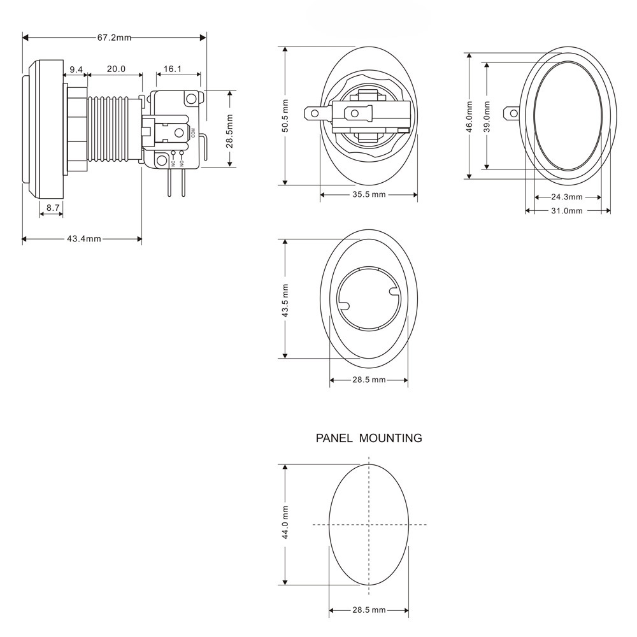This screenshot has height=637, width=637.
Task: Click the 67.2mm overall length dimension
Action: [114, 38]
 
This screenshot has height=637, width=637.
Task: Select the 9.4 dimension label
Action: [76, 69]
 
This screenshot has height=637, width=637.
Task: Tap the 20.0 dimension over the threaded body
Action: [116, 69]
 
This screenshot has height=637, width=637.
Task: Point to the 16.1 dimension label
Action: [172, 69]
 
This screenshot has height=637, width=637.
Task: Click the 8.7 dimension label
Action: [53, 208]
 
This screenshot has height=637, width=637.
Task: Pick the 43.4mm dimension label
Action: [84, 239]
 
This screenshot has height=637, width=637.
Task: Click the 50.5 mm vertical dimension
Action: [285, 116]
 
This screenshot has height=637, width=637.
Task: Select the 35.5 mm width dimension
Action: [369, 194]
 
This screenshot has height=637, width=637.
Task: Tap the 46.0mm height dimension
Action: [469, 117]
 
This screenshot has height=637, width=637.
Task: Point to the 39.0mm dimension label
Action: [487, 117]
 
